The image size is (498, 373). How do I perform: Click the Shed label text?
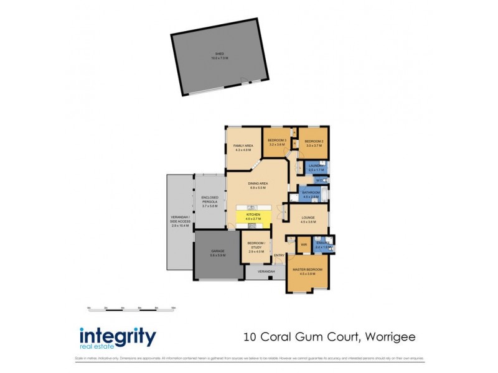[220, 55]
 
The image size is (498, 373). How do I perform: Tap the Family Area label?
[243, 148]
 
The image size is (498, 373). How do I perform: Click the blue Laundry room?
[312, 167]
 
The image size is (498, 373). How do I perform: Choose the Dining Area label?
[258, 185]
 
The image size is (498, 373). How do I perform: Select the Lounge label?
[308, 219]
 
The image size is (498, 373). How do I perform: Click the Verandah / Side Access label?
[180, 221]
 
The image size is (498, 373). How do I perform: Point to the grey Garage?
[217, 254]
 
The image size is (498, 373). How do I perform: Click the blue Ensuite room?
[324, 244]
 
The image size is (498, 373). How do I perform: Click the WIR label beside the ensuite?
[304, 244]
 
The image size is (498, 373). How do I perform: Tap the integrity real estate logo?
[117, 338]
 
